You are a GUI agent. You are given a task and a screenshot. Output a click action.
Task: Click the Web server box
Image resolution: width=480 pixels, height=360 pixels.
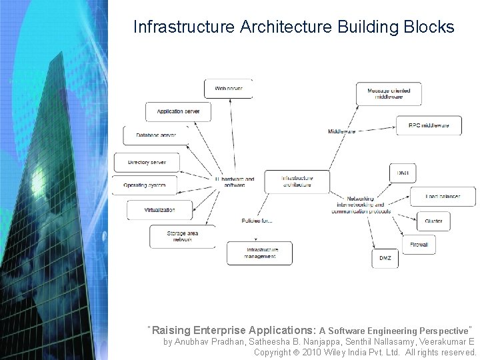tap(228, 89)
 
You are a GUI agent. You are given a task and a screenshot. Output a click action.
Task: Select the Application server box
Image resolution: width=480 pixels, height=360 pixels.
tap(178, 111)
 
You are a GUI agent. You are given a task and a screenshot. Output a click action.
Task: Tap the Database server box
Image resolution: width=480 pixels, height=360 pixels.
tap(155, 135)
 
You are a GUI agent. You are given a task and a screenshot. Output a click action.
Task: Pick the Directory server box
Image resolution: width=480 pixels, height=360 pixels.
tap(146, 162)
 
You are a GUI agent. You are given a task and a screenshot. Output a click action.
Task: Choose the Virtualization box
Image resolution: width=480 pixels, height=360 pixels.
tap(159, 210)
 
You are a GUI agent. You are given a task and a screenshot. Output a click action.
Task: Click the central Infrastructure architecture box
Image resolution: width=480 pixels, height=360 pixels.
tap(297, 181)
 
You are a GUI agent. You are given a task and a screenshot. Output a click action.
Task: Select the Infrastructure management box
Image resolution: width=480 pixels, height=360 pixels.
tap(259, 253)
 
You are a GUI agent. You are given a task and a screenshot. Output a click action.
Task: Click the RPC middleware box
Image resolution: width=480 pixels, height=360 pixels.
tap(429, 125)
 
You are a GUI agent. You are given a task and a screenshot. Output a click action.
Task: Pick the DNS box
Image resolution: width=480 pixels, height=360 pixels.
tap(403, 173)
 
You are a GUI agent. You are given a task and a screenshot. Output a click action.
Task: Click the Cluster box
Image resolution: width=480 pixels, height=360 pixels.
tap(433, 221)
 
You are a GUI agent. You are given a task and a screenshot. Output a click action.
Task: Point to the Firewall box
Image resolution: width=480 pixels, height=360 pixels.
tap(419, 245)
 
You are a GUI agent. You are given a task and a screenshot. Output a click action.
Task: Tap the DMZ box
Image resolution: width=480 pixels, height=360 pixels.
tap(385, 258)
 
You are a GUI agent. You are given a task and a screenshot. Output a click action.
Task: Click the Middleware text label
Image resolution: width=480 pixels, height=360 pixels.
tap(342, 131)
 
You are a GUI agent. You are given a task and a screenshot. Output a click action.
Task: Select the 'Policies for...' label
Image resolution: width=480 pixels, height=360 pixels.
tap(257, 221)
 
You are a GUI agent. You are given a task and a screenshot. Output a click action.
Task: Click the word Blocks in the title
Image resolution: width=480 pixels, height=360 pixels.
tap(429, 27)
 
